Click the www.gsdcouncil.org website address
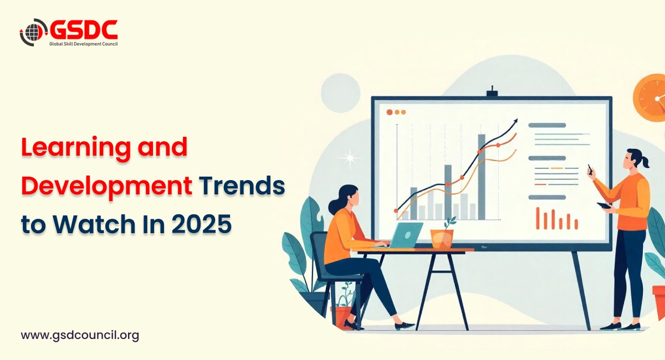(x=80, y=335)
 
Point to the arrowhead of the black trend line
(x=515, y=121)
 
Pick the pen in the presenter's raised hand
(x=590, y=169)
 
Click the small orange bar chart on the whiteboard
(x=556, y=219)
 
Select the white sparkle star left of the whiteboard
(x=350, y=158)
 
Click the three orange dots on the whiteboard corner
(x=396, y=112)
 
